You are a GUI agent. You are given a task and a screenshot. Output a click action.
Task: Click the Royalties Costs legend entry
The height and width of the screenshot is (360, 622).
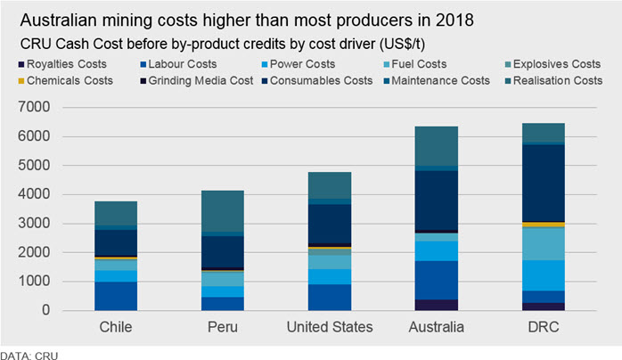[x=62, y=64]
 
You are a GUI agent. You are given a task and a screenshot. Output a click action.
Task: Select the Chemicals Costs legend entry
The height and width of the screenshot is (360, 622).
[x=66, y=81]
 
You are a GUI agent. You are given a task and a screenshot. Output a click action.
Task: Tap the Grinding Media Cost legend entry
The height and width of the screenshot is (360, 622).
[x=197, y=81]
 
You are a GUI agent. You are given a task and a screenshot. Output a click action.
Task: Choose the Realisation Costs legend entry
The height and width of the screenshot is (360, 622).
[x=553, y=81]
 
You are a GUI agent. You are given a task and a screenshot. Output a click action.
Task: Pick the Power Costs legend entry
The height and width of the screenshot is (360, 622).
[x=299, y=64]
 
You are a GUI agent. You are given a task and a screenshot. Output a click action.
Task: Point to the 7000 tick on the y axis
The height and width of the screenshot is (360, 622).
[x=34, y=107]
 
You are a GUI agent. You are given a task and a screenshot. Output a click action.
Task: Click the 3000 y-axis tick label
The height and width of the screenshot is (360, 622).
[x=34, y=223]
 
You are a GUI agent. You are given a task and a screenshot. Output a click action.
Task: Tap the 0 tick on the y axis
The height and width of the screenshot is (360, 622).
[x=46, y=310]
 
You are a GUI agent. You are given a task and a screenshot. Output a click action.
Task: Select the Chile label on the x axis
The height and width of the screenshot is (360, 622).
[x=116, y=327]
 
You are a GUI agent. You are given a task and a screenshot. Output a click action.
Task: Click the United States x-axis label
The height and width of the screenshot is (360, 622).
[x=330, y=327]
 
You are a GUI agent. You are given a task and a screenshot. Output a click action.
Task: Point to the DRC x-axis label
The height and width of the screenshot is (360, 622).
[x=544, y=327]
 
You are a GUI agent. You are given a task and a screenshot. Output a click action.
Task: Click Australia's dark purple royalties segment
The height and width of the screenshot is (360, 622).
[x=437, y=305]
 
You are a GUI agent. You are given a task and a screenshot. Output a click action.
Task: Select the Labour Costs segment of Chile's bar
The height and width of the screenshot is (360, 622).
[x=116, y=296]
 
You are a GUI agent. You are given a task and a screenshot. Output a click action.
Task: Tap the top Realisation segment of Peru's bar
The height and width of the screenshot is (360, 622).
[x=223, y=211]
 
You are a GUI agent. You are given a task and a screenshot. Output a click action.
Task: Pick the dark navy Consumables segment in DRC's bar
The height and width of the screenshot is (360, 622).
[x=544, y=184]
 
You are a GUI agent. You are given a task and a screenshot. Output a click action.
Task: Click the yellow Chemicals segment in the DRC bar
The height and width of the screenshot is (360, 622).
[x=544, y=225]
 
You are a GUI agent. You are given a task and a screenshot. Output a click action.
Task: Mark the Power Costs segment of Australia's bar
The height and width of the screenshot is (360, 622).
[x=437, y=251]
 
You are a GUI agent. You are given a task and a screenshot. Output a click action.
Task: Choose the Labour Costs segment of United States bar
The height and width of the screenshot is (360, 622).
[x=330, y=298]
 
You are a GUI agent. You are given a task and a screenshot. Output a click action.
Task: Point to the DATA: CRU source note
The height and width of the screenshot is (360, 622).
[x=29, y=356]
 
